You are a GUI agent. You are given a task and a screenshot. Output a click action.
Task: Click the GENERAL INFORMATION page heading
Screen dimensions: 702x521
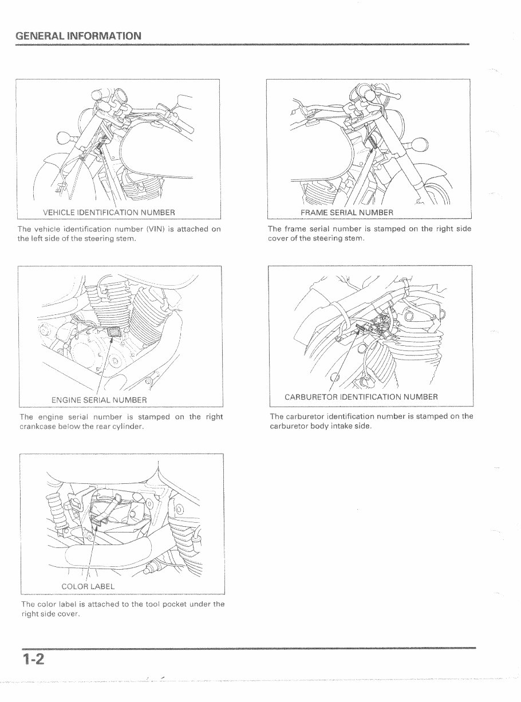(78, 36)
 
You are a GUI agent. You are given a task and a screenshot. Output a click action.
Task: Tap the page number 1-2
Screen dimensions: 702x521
(34, 660)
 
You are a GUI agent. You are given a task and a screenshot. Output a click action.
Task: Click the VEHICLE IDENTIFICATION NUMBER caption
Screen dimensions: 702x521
(109, 213)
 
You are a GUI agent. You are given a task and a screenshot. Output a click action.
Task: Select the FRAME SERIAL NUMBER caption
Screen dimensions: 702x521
(347, 213)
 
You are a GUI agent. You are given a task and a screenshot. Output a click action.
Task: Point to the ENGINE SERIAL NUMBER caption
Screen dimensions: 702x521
(99, 399)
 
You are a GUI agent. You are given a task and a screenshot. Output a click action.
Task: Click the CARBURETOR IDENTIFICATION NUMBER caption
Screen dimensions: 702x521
(361, 397)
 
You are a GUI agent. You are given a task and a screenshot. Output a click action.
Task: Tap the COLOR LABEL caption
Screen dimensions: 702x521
(88, 586)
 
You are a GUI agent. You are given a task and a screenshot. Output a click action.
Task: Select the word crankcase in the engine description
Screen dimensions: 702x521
(38, 427)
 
